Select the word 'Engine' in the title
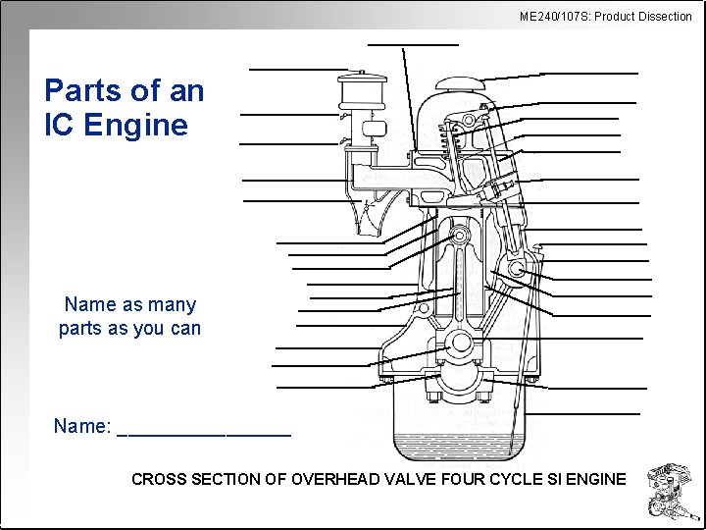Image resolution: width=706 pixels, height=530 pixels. [136, 126]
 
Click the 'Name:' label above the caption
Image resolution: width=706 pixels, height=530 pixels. [81, 426]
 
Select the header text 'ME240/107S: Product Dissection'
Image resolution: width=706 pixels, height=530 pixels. [605, 16]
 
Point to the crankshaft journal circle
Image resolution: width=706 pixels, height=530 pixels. [460, 344]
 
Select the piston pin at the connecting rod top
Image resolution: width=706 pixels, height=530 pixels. [458, 237]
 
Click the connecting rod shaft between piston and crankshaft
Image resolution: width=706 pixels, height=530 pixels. [459, 290]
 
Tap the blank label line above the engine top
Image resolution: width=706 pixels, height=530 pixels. [413, 44]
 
